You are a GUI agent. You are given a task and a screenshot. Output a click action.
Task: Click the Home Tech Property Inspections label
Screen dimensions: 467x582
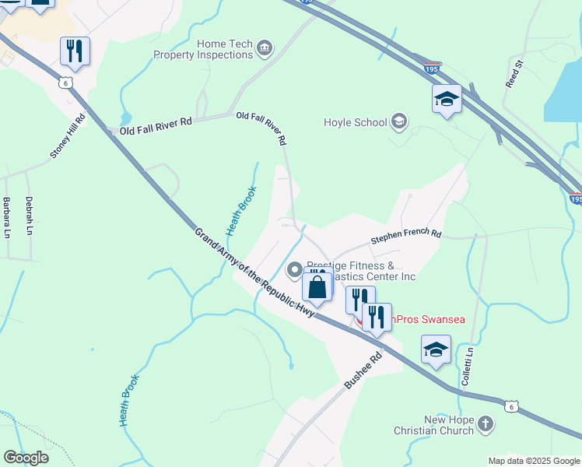203,49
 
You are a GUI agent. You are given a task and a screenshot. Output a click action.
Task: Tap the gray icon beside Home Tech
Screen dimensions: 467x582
264,50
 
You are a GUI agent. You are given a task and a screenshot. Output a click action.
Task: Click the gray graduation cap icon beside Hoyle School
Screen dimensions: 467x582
399,120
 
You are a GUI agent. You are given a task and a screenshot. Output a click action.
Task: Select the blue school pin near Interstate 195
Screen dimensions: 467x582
447,99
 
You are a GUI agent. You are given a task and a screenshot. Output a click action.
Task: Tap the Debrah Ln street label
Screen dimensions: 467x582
30,215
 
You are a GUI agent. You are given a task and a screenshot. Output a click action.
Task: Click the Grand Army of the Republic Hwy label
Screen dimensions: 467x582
254,272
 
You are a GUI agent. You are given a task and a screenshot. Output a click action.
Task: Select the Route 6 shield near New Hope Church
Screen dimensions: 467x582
510,406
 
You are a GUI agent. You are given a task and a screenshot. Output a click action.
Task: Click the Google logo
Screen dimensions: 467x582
26,458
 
